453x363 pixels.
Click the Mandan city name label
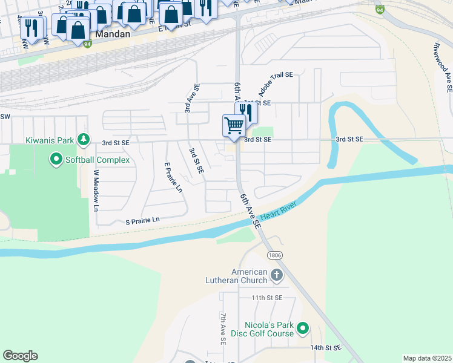click(112, 34)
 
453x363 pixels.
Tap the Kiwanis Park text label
click(49, 140)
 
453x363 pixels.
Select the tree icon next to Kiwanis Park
click(84, 140)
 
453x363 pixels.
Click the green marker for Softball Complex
click(56, 160)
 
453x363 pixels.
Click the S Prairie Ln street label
click(142, 220)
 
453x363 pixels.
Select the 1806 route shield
click(275, 255)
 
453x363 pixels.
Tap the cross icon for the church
click(277, 276)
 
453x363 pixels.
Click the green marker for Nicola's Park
click(303, 329)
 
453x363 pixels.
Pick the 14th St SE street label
click(326, 348)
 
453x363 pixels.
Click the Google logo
click(20, 356)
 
